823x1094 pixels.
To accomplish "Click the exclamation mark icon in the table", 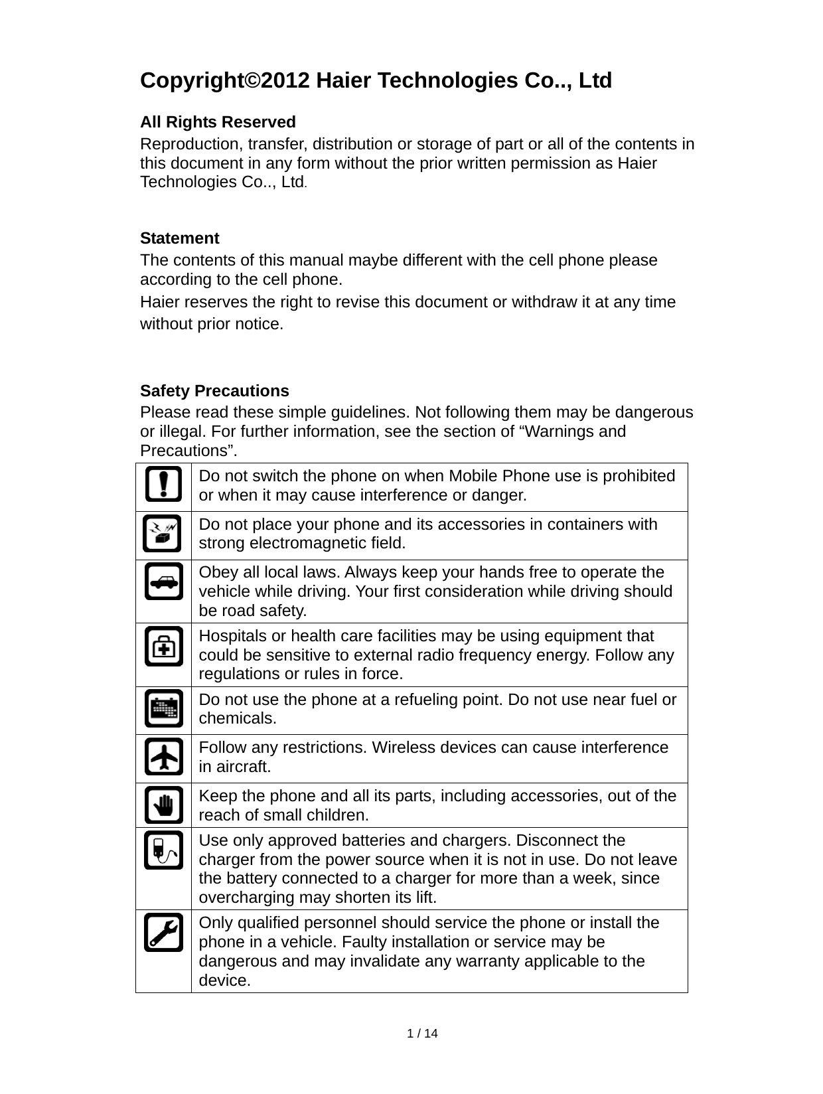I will (163, 483).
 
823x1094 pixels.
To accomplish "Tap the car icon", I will (163, 582).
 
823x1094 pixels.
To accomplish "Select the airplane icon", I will (163, 756).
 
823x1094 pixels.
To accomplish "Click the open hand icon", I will (163, 805).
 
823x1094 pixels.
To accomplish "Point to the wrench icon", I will (163, 933).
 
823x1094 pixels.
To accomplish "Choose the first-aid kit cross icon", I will (163, 646).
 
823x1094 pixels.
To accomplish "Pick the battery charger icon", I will (163, 850).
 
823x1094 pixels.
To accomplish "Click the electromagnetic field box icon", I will (163, 533).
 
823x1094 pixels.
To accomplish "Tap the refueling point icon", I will (163, 708).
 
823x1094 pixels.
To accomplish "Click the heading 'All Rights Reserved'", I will (218, 123).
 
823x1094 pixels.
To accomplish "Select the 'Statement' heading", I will (179, 238).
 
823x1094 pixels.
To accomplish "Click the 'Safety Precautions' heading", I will (214, 390).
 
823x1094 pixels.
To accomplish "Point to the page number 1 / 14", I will (423, 1034).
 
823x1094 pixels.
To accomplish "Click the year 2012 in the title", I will (285, 81).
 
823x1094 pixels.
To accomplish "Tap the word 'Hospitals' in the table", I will (233, 636).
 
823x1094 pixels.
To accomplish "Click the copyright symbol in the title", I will (251, 81).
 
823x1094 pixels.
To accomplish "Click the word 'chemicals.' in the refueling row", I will (238, 719).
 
